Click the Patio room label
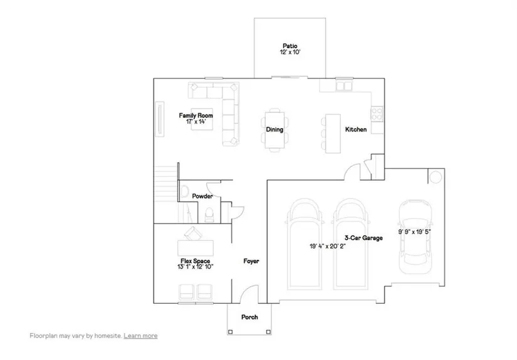[x=290, y=46]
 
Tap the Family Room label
[x=196, y=116]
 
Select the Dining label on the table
[x=274, y=130]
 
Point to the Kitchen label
[x=356, y=130]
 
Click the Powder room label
[x=202, y=197]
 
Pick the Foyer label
[x=251, y=261]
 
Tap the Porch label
[x=249, y=317]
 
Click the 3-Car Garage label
[x=363, y=238]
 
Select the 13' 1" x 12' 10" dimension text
[x=196, y=267]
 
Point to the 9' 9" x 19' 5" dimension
[x=414, y=232]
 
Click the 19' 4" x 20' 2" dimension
[x=327, y=247]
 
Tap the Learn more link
[x=140, y=336]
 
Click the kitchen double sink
[x=344, y=86]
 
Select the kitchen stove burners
[x=377, y=113]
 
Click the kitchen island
[x=333, y=133]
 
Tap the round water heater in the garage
[x=436, y=177]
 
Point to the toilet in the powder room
[x=209, y=215]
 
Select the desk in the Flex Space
[x=196, y=249]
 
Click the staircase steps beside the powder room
[x=167, y=194]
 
